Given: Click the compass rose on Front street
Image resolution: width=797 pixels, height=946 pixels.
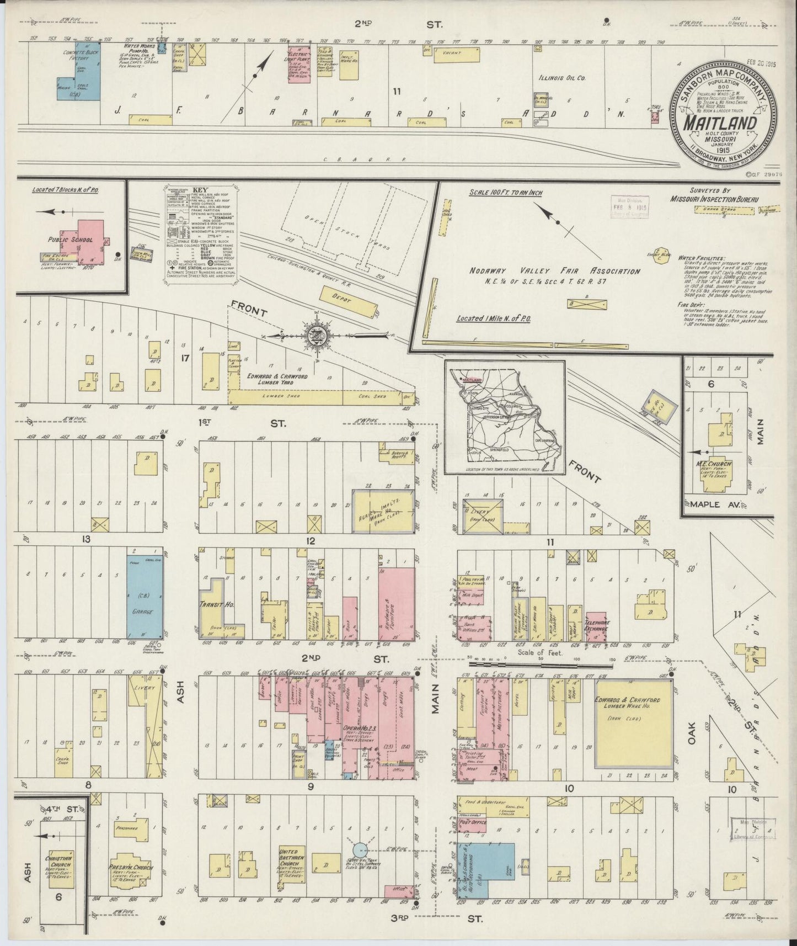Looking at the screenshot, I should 315,335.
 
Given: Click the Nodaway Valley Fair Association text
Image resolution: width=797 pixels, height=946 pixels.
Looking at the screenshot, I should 554,271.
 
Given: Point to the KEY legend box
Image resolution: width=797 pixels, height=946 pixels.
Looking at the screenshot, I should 200,235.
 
